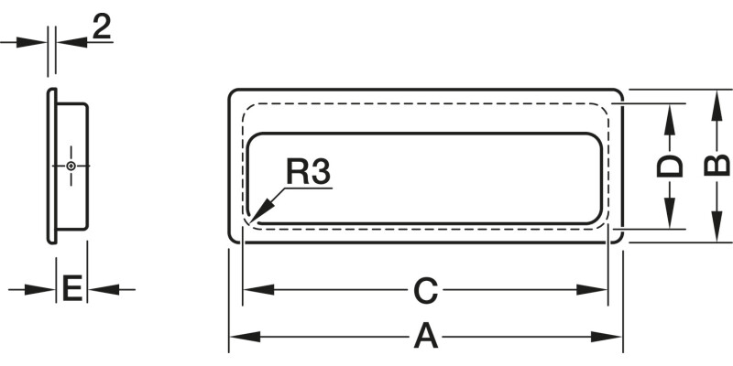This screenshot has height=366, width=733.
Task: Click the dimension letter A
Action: (425, 337)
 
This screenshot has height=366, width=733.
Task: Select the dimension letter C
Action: (423, 291)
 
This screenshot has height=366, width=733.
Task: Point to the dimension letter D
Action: (672, 167)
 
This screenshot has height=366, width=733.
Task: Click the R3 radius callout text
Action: (307, 172)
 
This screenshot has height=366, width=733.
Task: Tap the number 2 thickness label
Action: (102, 27)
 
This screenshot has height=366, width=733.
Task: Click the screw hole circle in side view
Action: (71, 166)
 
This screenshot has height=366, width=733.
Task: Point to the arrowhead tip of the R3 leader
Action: (249, 221)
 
